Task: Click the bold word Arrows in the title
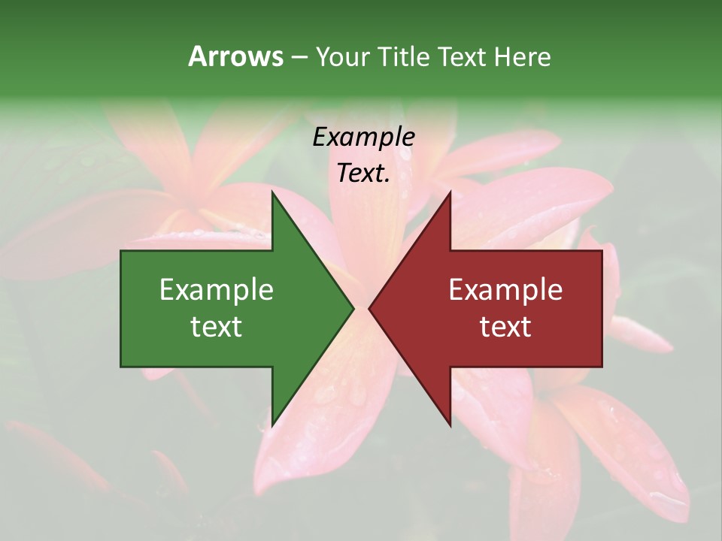pyautogui.click(x=235, y=56)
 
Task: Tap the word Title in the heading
pyautogui.click(x=404, y=56)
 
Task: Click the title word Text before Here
pyautogui.click(x=463, y=56)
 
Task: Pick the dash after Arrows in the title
pyautogui.click(x=299, y=57)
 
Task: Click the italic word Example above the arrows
pyautogui.click(x=364, y=137)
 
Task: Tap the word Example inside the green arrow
pyautogui.click(x=217, y=290)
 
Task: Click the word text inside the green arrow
pyautogui.click(x=217, y=326)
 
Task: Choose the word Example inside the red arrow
pyautogui.click(x=505, y=290)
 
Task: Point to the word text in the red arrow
pyautogui.click(x=505, y=326)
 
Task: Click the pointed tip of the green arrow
pyautogui.click(x=353, y=308)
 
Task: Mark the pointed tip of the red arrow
pyautogui.click(x=370, y=308)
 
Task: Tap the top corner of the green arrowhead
pyautogui.click(x=273, y=193)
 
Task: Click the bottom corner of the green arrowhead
pyautogui.click(x=273, y=425)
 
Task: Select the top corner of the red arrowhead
pyautogui.click(x=450, y=193)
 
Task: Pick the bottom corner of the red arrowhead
pyautogui.click(x=450, y=425)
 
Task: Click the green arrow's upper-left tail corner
pyautogui.click(x=121, y=251)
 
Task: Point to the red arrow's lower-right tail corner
pyautogui.click(x=602, y=367)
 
